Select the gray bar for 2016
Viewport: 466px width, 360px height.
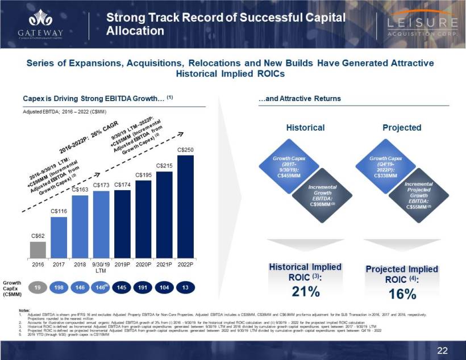[x=38, y=249]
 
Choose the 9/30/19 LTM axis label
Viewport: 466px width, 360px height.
[x=101, y=267]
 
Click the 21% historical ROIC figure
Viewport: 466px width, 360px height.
[x=305, y=292]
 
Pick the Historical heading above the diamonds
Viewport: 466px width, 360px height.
[x=305, y=128]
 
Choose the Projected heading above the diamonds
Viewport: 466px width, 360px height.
[x=402, y=128]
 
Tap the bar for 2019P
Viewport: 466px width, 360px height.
[x=123, y=223]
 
